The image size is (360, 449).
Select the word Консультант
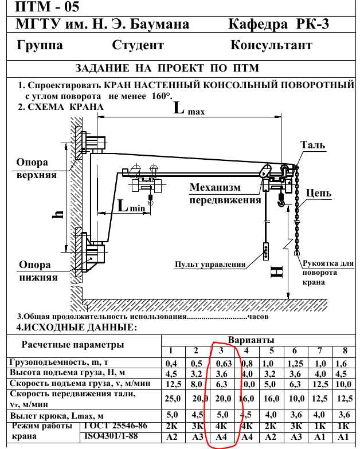click(x=271, y=45)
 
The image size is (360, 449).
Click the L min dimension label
click(x=131, y=207)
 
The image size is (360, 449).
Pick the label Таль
click(x=313, y=145)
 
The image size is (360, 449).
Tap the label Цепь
click(x=318, y=194)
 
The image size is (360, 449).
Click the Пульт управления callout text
click(x=210, y=265)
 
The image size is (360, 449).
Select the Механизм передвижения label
click(x=224, y=194)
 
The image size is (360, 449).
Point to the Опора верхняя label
click(x=37, y=168)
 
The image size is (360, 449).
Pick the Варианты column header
click(x=251, y=340)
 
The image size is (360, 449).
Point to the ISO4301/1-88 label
click(x=112, y=436)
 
